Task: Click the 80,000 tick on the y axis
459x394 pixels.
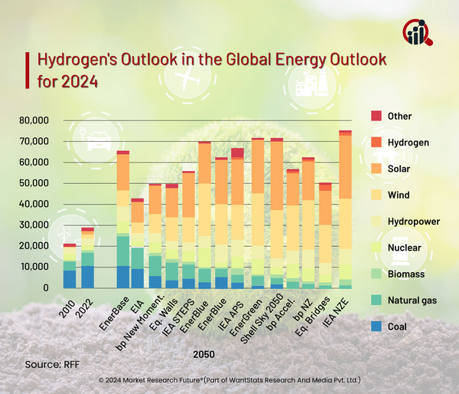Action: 32,120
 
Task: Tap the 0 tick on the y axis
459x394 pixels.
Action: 46,287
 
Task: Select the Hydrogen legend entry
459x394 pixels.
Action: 408,143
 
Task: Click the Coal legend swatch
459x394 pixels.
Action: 376,327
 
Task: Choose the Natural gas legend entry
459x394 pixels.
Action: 412,300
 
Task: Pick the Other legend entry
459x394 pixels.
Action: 399,117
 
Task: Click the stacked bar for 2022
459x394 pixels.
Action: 88,258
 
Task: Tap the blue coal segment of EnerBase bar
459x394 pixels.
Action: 122,277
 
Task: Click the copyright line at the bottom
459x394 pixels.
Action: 229,380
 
